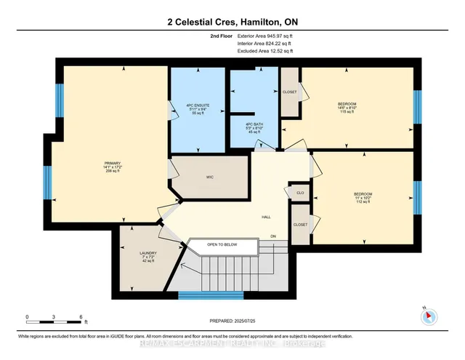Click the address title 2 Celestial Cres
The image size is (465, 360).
tap(232, 20)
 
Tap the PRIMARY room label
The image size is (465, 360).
tap(111, 165)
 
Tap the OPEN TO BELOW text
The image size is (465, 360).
tap(222, 244)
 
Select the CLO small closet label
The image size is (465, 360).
tap(299, 193)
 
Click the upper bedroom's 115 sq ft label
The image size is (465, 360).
tap(347, 113)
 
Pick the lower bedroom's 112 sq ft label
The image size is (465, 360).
tap(363, 202)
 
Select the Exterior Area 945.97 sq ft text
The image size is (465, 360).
tap(268, 34)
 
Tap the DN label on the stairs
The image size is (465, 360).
tap(273, 237)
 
